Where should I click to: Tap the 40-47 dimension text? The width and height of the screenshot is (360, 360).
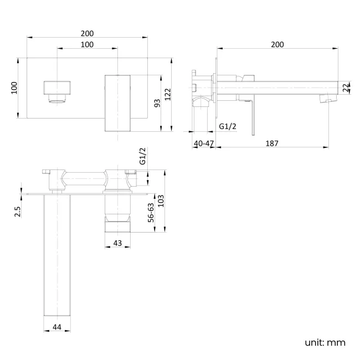[204, 143]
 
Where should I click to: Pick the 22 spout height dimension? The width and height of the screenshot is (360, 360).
[346, 88]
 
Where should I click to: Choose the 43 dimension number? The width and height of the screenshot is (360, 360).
[117, 242]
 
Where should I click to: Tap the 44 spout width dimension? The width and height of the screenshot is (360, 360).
[56, 327]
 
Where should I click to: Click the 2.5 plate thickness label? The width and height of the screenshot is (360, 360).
[18, 212]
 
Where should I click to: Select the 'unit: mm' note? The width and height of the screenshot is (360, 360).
[325, 342]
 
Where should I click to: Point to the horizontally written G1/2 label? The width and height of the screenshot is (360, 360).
[228, 126]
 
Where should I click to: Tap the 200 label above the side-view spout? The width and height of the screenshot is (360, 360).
[277, 45]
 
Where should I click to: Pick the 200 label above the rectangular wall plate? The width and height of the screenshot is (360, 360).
[88, 33]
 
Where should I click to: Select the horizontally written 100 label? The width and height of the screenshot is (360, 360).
[88, 44]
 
